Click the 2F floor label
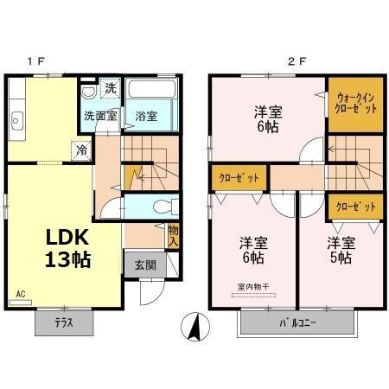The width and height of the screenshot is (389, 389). click(297, 61)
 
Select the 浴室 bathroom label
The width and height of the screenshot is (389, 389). click(144, 115)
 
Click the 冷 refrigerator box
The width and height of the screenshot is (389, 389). click(80, 149)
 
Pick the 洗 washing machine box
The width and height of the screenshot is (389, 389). click(110, 87)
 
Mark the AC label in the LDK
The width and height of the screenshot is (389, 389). click(21, 294)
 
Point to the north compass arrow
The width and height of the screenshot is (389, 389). click(196, 327)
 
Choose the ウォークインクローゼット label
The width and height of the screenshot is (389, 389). click(354, 105)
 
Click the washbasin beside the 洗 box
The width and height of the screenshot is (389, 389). click(89, 92)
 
